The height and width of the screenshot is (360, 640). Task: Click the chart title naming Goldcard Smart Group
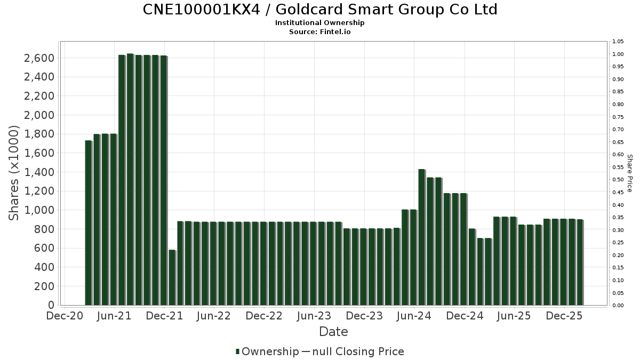point(320,10)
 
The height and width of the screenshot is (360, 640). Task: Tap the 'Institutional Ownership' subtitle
point(320,23)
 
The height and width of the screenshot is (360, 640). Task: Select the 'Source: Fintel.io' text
point(320,31)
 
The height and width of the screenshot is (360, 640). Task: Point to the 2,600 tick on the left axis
point(39,58)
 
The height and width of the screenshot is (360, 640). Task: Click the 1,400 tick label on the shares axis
point(39,172)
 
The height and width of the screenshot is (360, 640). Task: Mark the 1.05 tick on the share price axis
point(618,42)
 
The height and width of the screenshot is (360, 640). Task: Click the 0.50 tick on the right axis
point(618,180)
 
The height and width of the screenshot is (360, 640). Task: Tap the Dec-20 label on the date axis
point(64,316)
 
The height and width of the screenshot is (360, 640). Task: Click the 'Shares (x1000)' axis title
point(14,173)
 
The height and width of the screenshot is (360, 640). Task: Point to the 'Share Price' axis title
point(629,173)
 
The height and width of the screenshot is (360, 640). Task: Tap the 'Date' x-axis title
point(333,332)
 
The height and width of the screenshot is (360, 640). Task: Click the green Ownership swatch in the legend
point(237,351)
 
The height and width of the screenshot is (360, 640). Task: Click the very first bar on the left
point(88,223)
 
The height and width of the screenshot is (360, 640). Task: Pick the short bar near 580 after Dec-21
point(172,277)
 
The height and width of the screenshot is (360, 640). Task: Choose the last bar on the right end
point(580,262)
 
